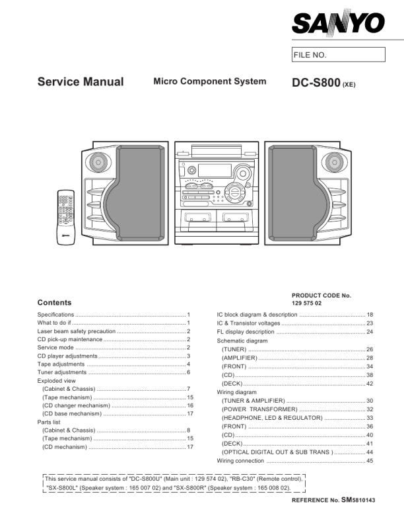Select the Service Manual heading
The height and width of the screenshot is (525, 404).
(x=81, y=82)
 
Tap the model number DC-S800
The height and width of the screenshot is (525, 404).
(x=316, y=83)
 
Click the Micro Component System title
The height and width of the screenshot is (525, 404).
(x=210, y=81)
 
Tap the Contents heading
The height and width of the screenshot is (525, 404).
(x=54, y=302)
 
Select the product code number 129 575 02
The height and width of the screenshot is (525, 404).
(x=307, y=303)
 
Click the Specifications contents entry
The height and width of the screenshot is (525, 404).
(x=56, y=314)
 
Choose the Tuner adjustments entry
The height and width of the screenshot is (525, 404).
(x=62, y=372)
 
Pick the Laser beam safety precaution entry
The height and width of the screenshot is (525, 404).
(x=77, y=331)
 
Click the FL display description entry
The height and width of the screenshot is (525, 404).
(x=246, y=331)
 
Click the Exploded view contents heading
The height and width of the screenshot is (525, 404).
(x=56, y=381)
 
